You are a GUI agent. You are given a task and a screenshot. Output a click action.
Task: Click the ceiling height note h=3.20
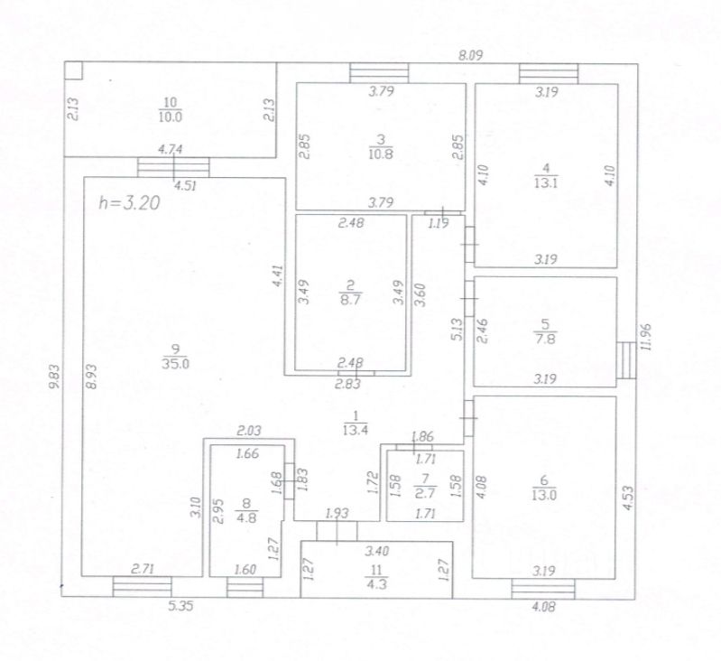pos(128,202)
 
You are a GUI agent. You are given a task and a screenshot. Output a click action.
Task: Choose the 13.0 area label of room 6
pos(546,493)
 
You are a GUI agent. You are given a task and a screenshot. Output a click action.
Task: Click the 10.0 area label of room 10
pos(171,116)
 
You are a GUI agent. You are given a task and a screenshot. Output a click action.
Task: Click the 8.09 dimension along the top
pos(471,55)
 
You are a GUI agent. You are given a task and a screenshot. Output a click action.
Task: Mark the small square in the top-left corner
pos(73,70)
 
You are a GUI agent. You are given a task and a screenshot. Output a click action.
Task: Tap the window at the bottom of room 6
pos(542,589)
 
